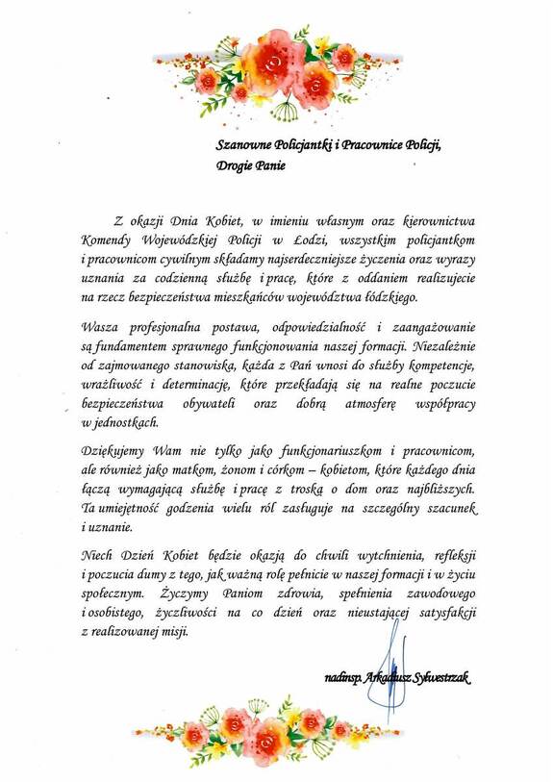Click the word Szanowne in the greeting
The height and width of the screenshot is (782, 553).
[x=243, y=143]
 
